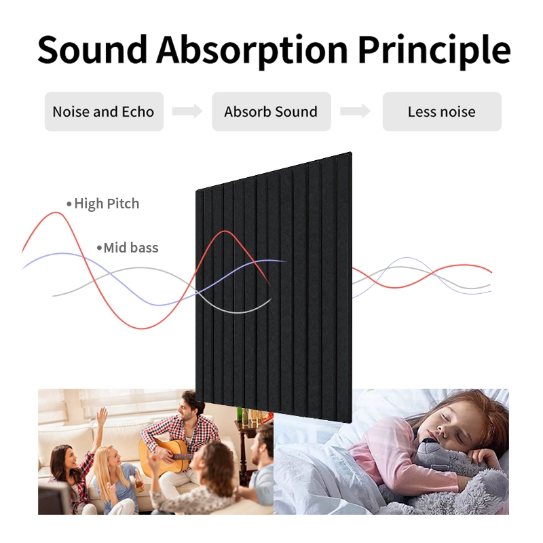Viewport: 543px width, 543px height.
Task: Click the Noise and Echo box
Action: (104, 112)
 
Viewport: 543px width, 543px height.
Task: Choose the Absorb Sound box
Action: (271, 112)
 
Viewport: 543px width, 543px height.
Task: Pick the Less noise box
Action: (442, 112)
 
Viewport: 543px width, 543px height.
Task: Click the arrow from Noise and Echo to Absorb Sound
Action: (187, 112)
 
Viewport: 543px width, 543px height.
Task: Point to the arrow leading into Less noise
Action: (356, 112)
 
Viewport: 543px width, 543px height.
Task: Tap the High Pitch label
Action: (107, 204)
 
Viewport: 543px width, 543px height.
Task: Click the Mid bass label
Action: (130, 248)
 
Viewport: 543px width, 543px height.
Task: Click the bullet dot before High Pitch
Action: (69, 204)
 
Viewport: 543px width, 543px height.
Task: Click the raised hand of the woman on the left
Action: (102, 416)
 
